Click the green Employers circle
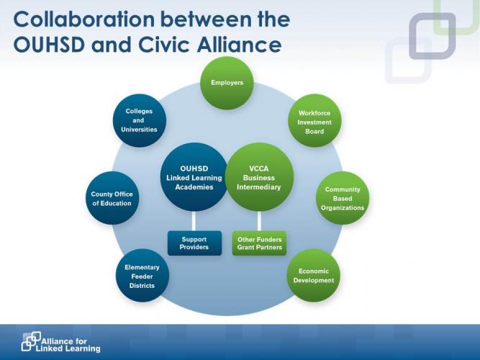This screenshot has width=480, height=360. tap(227, 83)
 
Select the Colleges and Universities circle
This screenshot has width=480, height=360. tap(140, 120)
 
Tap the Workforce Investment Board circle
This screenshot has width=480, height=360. tap(314, 120)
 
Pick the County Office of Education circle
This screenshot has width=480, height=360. tap(112, 198)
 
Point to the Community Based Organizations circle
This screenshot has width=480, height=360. tap(343, 198)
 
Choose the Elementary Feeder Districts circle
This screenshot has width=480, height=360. tap(142, 276)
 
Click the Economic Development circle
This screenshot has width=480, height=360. tap(314, 276)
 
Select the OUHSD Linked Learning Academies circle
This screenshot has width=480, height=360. tap(194, 177)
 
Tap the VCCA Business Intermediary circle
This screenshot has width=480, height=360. tap(260, 177)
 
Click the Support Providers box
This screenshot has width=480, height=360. tap(195, 243)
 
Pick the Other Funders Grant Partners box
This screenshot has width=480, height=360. tap(260, 243)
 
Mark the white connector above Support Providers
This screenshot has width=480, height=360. tap(194, 221)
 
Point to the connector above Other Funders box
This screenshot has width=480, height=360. tap(259, 221)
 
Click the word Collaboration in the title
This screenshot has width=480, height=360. tap(84, 19)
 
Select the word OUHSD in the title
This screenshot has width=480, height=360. tap(49, 45)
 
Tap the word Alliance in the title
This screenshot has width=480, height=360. tap(239, 45)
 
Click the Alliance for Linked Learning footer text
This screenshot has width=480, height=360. tap(68, 345)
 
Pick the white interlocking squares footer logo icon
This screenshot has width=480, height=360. tap(31, 341)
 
